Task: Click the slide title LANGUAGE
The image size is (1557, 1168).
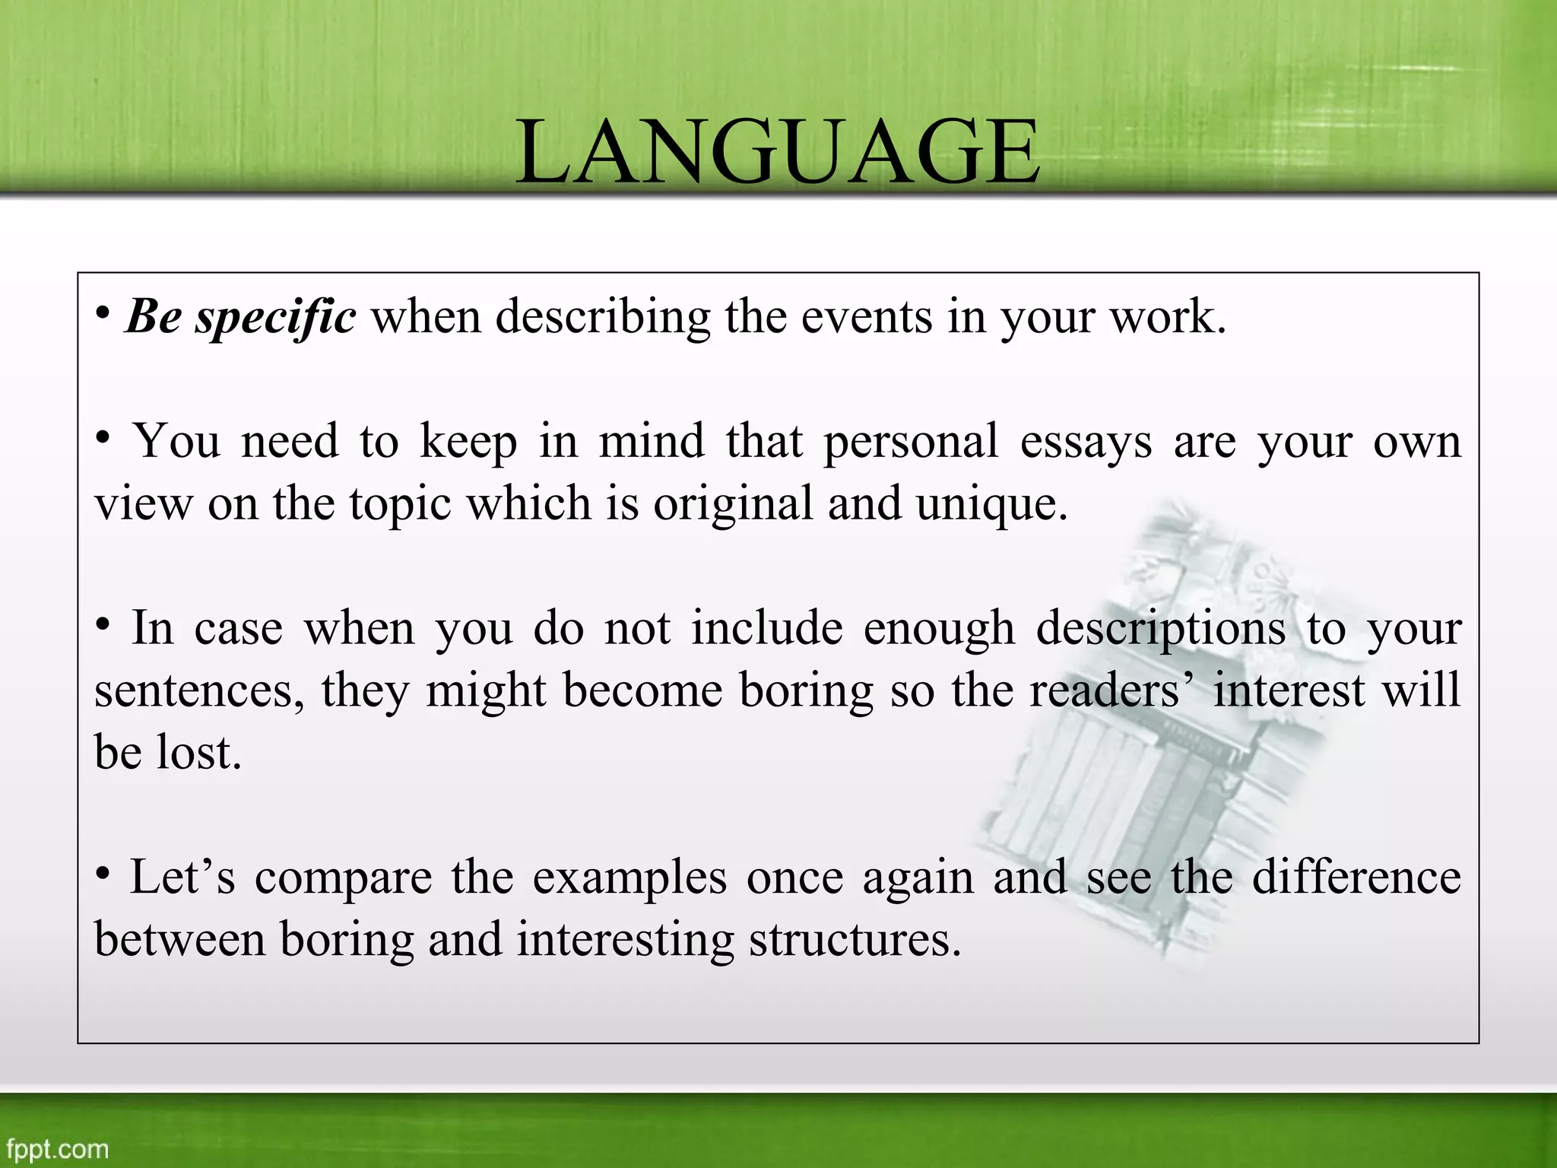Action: click(x=778, y=151)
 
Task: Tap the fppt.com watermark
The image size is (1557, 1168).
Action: click(x=57, y=1148)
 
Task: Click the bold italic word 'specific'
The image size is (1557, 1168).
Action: click(x=275, y=316)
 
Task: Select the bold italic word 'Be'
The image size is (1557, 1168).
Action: click(x=153, y=316)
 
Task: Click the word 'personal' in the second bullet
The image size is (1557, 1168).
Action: click(x=911, y=441)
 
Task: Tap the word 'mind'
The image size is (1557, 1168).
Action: click(x=651, y=441)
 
